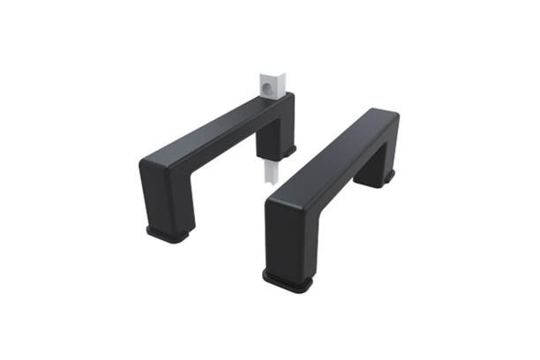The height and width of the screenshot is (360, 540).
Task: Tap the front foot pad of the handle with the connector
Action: point(170,234)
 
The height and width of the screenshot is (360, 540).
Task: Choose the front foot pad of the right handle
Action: point(289,281)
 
